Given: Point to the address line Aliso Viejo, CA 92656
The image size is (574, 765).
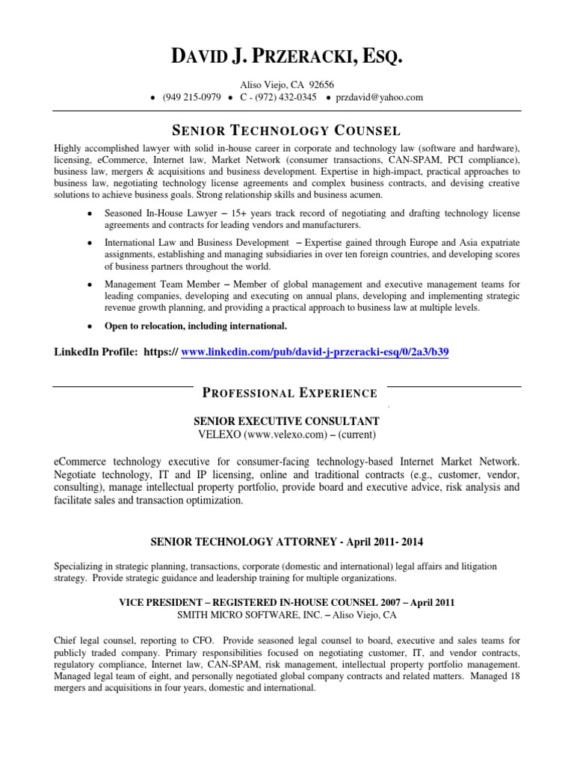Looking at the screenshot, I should coord(287,84).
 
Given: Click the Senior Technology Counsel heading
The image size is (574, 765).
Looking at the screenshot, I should coord(287,129).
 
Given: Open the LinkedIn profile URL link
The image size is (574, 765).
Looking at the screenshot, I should coord(315,352).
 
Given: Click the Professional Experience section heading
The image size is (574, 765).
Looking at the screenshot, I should coord(291,393).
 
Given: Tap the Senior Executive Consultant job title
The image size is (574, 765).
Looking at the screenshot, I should coord(286,421).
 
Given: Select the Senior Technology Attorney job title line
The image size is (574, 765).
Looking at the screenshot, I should coord(286,540).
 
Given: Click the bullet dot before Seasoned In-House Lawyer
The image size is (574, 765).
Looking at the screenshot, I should coord(90,214).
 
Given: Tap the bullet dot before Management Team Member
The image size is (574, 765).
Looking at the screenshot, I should coord(90,285).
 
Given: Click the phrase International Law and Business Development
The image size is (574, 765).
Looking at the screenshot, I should coord(196,243).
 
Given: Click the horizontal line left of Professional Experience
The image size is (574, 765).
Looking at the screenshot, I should coord(123,386).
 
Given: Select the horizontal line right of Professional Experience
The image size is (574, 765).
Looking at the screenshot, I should coord(454,386).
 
